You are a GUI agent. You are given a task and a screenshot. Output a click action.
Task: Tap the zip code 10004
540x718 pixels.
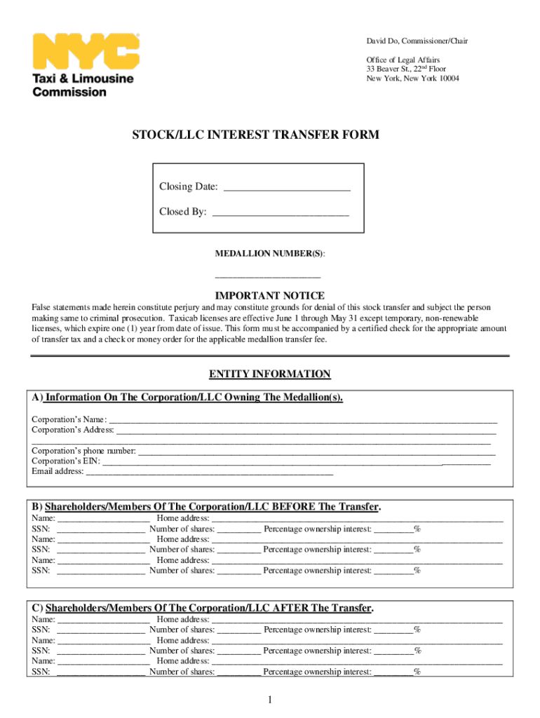446,79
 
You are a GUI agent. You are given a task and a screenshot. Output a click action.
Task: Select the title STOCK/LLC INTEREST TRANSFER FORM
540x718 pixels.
256,135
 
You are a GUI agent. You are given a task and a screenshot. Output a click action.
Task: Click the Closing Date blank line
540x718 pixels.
286,187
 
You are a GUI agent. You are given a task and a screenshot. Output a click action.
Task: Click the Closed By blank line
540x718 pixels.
280,212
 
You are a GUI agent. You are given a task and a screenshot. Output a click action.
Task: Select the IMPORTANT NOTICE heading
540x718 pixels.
269,296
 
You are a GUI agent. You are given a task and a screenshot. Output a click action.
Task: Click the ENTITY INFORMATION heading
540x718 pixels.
270,374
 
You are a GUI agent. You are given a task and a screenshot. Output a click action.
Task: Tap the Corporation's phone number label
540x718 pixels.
83,451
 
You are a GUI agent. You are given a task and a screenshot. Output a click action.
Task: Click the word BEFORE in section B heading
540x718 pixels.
293,507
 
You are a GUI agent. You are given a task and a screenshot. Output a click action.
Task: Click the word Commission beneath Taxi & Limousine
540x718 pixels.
69,92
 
